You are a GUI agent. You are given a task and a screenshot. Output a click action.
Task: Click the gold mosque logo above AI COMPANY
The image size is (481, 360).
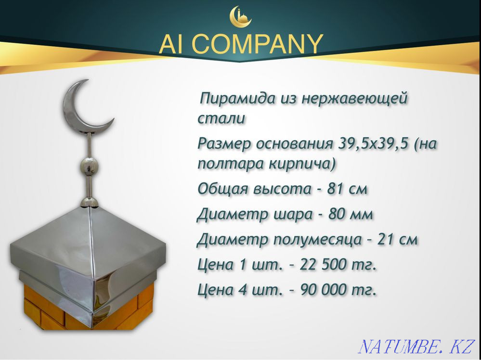point(241,16)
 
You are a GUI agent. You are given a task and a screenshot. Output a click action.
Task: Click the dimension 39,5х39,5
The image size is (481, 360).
point(372,143)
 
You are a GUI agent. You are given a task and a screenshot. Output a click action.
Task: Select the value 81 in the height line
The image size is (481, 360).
point(336,189)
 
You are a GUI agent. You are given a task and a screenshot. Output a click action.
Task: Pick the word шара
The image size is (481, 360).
point(289,215)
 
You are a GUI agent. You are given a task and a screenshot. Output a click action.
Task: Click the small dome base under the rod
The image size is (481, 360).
point(90,202)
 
